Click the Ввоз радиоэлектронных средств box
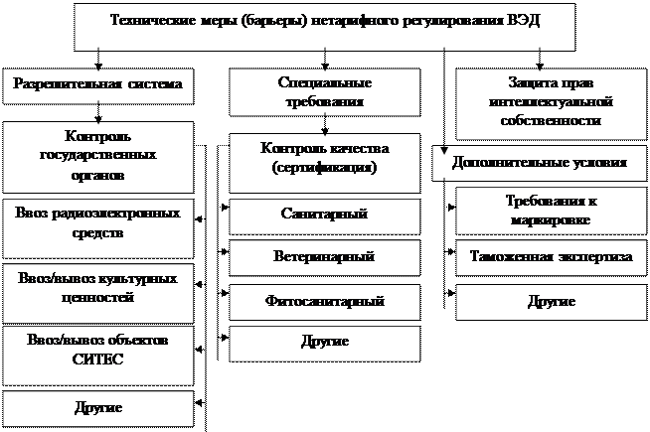[x=97, y=224]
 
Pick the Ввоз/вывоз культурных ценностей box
[x=97, y=287]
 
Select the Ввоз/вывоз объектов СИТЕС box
[x=97, y=350]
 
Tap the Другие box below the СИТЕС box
[x=97, y=407]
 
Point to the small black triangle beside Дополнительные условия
[x=443, y=151]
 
